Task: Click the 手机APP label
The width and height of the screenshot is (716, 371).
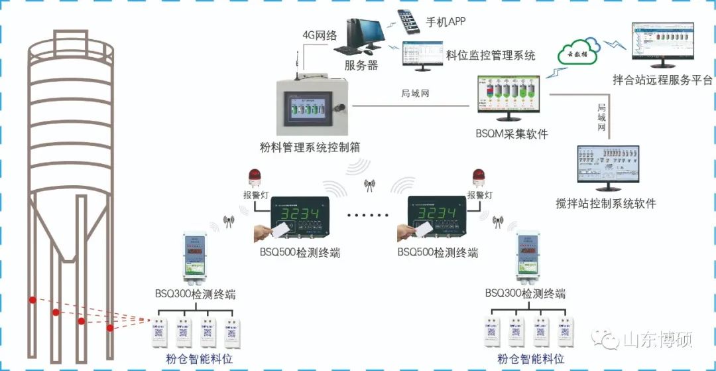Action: [x=446, y=22]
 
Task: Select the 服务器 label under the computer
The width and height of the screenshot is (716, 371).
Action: [x=361, y=65]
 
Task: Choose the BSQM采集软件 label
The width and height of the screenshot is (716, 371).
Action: [x=512, y=134]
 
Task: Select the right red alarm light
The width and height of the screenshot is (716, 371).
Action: [x=477, y=177]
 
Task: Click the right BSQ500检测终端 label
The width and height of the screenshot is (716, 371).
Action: [x=438, y=252]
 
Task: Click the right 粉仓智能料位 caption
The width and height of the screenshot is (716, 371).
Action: [x=531, y=359]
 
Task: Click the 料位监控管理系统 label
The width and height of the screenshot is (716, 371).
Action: [x=491, y=56]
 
